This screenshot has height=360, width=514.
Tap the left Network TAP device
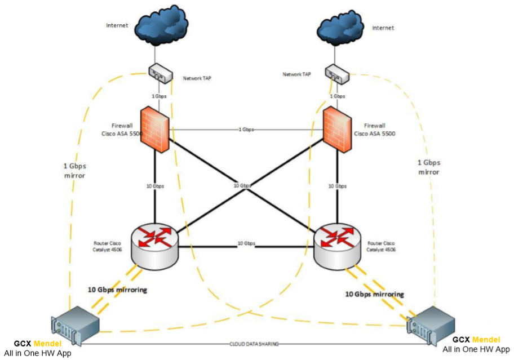[160, 72]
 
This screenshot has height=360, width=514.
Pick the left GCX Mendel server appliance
[75, 326]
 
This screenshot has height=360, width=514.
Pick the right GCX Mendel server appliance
[431, 326]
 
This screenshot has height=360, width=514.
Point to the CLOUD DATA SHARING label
[254, 344]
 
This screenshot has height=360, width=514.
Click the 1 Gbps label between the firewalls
[246, 130]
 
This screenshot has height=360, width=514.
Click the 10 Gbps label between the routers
[246, 243]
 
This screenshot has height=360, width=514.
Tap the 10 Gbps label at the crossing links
[243, 185]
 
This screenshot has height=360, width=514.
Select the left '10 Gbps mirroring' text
[117, 290]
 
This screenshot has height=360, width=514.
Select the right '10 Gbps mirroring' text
[374, 294]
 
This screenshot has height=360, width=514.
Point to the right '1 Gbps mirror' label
[429, 167]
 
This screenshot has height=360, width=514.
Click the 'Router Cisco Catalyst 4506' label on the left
[107, 246]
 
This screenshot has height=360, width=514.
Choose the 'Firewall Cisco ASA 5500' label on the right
[374, 130]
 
